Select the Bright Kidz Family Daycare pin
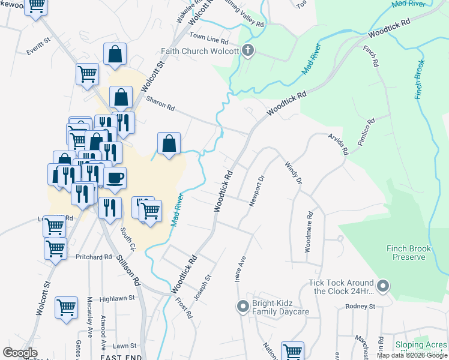point(243,307)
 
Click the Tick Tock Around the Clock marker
point(384,286)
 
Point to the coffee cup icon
point(115,178)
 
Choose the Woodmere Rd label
point(309,231)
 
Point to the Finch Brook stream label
point(418,79)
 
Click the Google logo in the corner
point(19,353)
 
